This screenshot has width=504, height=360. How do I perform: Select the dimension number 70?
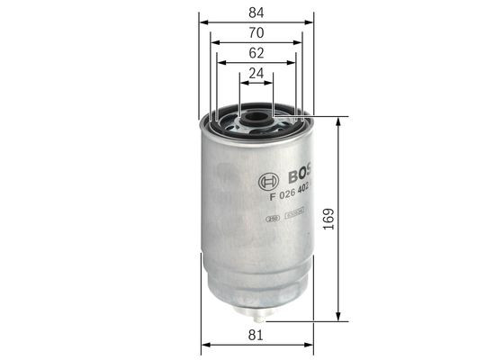pyautogui.click(x=256, y=32)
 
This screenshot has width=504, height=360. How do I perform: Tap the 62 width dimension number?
pyautogui.click(x=256, y=54)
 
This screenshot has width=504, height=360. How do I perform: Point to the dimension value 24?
pyautogui.click(x=256, y=75)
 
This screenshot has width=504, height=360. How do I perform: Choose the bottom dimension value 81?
pyautogui.click(x=256, y=336)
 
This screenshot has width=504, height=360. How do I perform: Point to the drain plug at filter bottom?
pyautogui.click(x=257, y=316)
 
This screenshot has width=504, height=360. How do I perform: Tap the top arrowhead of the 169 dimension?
pyautogui.click(x=337, y=121)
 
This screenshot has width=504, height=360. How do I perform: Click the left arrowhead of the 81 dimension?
pyautogui.click(x=205, y=345)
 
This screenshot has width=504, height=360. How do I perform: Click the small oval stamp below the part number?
pyautogui.click(x=271, y=217)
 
